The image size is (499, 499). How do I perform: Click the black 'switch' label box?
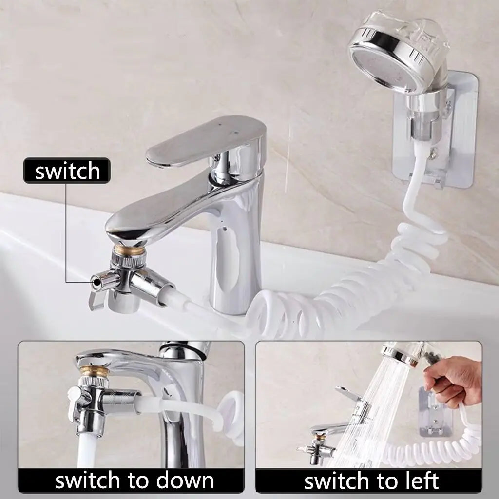67,171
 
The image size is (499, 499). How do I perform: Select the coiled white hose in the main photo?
334,293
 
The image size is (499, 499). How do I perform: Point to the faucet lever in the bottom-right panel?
348,393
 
